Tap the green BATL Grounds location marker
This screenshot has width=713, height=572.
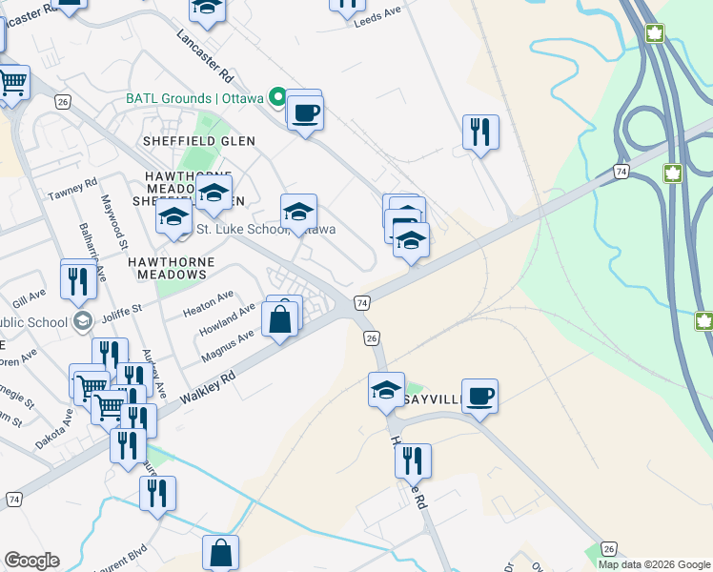(x=277, y=96)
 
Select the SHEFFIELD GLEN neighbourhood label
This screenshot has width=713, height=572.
(x=199, y=140)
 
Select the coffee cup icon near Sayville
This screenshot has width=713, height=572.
(x=479, y=395)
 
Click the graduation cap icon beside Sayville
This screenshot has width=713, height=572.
(x=387, y=389)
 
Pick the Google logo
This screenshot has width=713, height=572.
(x=31, y=561)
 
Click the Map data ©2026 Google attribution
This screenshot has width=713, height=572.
(x=653, y=564)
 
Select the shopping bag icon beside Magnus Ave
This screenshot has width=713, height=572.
(x=280, y=321)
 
